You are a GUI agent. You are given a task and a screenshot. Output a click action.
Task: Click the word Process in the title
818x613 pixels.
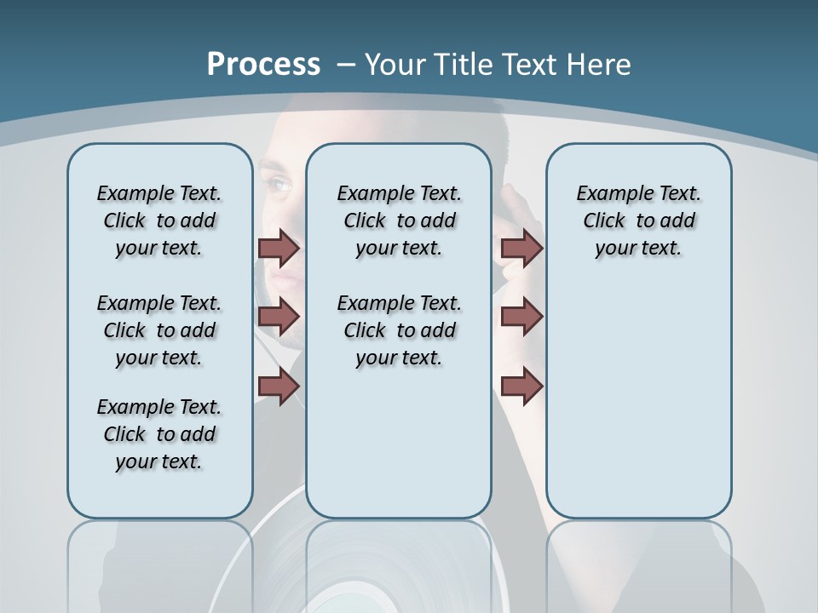point(263,65)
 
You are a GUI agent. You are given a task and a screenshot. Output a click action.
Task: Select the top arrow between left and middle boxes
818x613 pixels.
point(279,249)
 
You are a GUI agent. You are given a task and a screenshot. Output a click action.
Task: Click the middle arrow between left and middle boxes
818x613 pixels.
point(279,318)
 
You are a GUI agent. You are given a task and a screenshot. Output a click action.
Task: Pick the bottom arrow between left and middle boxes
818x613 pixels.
point(279,387)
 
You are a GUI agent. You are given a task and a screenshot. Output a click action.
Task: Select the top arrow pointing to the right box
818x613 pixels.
point(521,249)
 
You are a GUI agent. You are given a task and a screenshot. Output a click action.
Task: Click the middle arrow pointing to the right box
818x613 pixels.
point(521,318)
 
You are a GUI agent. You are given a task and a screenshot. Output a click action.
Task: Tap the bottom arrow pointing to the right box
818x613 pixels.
point(521,387)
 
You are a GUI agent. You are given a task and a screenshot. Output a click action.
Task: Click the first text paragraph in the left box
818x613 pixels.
point(159,221)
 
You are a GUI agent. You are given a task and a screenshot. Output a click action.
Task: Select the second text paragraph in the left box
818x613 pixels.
point(159,330)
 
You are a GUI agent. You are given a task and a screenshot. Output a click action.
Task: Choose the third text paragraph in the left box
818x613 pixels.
point(159,434)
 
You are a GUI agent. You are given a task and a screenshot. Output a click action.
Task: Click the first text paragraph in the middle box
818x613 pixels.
point(399,221)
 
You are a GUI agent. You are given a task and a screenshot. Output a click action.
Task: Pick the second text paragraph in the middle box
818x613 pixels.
point(399,330)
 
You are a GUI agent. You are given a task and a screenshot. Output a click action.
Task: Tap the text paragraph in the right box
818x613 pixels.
point(638,221)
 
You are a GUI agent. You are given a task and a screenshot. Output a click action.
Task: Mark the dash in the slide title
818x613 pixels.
point(346,65)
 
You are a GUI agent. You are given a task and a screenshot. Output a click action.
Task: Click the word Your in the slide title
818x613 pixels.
point(396,65)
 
